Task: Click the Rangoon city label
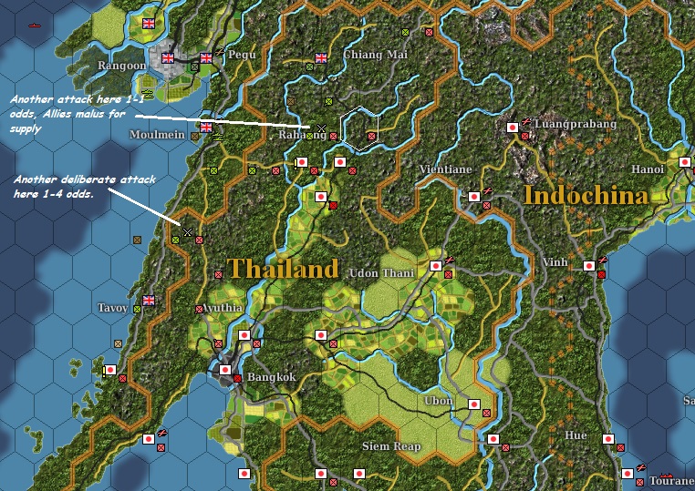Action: (x=121, y=66)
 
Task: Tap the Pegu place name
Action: (x=242, y=55)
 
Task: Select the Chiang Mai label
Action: (x=375, y=55)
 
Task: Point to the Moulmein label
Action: (x=159, y=134)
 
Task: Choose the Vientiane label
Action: (x=445, y=169)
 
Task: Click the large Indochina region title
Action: (x=586, y=195)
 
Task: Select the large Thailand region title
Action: (x=283, y=269)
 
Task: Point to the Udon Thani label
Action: (x=382, y=272)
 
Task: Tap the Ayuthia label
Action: (x=224, y=308)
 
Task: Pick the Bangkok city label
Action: (x=272, y=377)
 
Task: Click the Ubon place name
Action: (x=439, y=402)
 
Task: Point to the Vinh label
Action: (x=555, y=261)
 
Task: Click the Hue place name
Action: (x=576, y=435)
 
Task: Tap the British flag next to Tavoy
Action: (x=150, y=300)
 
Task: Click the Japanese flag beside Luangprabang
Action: (x=513, y=127)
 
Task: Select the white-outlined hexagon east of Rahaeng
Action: (x=359, y=128)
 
